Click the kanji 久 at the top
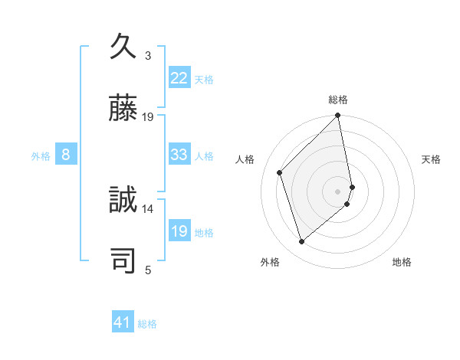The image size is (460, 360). tap(123, 47)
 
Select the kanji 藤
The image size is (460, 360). tap(123, 110)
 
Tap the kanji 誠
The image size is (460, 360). tap(123, 200)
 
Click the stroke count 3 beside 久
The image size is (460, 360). tap(148, 56)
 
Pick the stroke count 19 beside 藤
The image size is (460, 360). tap(148, 117)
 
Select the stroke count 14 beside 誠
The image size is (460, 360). tap(148, 208)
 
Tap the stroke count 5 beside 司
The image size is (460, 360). tap(148, 270)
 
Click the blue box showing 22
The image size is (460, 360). tap(179, 78)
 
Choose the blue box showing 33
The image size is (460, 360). tap(179, 155)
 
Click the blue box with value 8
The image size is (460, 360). tap(66, 155)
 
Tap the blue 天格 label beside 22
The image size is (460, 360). tap(204, 79)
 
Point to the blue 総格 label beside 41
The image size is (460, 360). tap(147, 324)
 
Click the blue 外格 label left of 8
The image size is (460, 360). tap(41, 155)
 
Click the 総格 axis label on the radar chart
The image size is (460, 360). tap(338, 100)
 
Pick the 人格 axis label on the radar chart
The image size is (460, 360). tap(245, 159)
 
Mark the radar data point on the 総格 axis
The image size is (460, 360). tap(338, 116)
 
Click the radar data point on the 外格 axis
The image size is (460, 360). tap(301, 242)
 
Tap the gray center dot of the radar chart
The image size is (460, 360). tap(338, 190)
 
